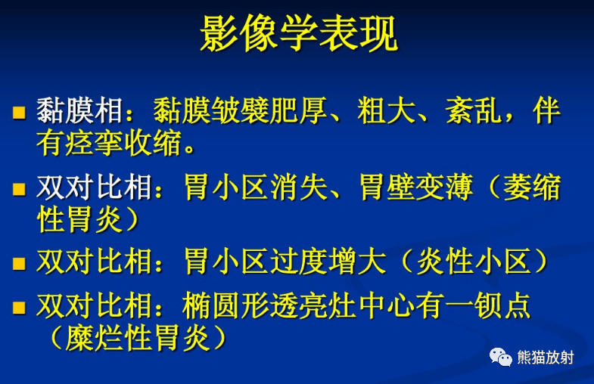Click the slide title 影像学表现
299,33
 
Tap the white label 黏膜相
80,110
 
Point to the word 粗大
387,110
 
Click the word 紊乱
474,110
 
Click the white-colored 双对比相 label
95,187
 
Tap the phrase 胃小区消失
256,187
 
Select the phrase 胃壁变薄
416,187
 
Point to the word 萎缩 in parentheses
531,187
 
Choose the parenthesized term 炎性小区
474,262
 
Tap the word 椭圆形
226,305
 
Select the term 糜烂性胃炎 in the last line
138,338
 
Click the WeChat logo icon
500,357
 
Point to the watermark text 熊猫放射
546,358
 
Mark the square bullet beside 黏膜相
19,113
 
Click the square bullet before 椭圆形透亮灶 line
19,308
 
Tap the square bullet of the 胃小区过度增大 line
19,263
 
